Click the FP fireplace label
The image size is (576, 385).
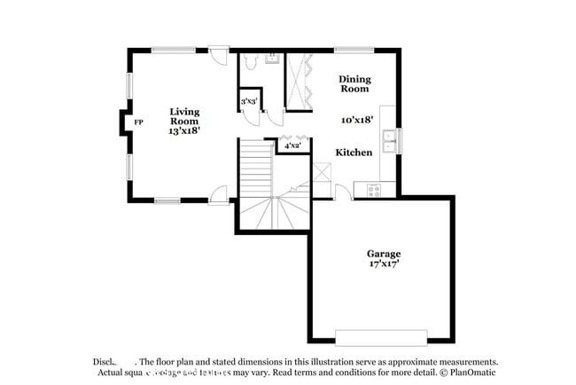(137, 122)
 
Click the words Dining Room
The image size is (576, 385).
(354, 84)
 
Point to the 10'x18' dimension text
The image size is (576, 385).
(356, 119)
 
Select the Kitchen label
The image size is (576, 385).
(354, 153)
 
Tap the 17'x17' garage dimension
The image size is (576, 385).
(385, 263)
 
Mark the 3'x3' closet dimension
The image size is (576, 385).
(249, 102)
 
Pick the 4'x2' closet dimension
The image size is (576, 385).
(292, 145)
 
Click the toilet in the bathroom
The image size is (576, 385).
(251, 62)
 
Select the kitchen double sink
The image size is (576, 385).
(389, 138)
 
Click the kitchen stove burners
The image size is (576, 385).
(373, 188)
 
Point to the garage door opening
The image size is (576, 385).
(380, 338)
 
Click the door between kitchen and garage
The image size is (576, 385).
(343, 192)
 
